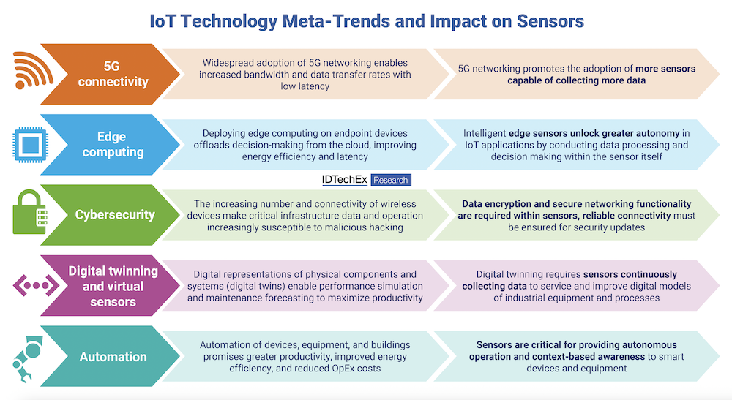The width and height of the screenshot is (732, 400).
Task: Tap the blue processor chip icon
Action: [27, 143]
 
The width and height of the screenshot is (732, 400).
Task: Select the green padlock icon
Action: [28, 214]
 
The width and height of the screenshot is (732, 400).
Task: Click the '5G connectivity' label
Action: [113, 73]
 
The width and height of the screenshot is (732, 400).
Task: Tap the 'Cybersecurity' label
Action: [114, 215]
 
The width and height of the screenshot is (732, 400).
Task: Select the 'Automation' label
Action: [113, 357]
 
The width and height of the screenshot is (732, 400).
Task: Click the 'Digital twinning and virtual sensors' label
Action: [113, 286]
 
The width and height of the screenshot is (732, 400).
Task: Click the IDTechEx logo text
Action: [343, 179]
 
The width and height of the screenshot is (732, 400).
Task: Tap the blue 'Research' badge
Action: [391, 179]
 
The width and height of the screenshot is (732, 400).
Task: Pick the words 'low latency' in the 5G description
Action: [305, 86]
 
